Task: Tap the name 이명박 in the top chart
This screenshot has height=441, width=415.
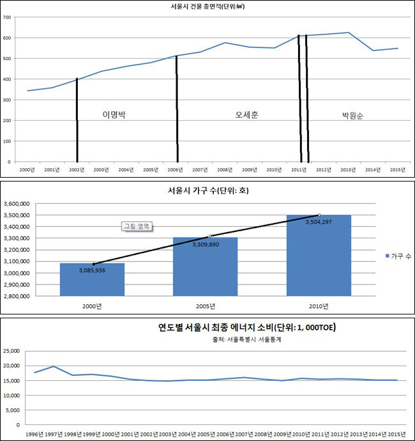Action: click(x=115, y=115)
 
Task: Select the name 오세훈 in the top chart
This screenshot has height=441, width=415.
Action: click(x=246, y=115)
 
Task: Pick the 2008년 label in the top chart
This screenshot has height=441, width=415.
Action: click(x=225, y=169)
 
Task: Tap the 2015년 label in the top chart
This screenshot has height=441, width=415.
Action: click(x=397, y=169)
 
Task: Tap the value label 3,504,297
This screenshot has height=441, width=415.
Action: click(x=319, y=223)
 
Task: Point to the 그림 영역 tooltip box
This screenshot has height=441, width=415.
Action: click(x=138, y=226)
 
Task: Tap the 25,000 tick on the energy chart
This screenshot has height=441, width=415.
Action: click(x=15, y=351)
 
